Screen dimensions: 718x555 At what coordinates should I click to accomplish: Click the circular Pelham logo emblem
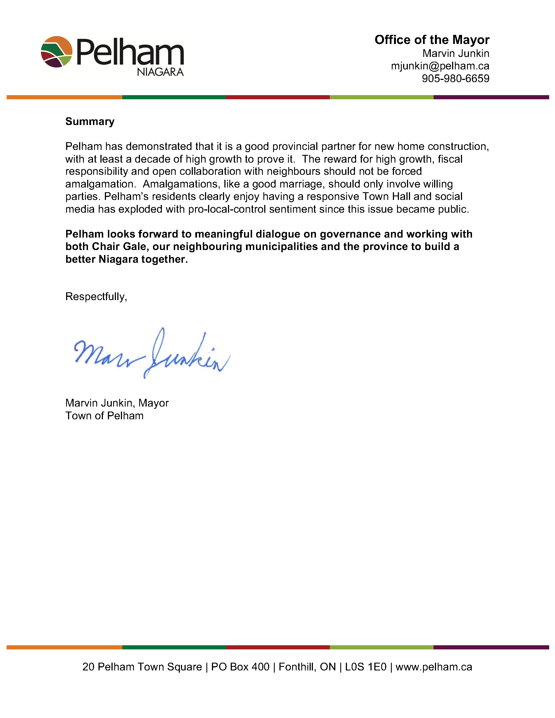56,52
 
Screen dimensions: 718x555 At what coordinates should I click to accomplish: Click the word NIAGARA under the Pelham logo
160,72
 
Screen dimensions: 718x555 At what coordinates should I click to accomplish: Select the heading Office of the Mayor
432,40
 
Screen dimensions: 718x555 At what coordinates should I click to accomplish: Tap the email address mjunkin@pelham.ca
440,66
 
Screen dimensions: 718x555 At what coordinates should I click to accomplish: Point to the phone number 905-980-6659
455,79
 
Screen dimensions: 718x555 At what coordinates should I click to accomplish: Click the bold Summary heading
90,121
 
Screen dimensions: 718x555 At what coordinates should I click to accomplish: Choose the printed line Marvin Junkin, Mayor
117,403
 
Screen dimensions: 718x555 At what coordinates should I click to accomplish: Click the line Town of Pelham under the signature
104,416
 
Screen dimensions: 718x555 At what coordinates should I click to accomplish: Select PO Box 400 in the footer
240,667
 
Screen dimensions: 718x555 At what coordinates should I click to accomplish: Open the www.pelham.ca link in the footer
434,667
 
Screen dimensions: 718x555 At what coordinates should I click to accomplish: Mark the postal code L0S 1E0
365,667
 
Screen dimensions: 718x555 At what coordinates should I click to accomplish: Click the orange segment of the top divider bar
64,97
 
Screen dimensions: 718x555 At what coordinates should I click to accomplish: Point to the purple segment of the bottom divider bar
491,647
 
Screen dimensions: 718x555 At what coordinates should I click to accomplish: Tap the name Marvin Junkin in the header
456,53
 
